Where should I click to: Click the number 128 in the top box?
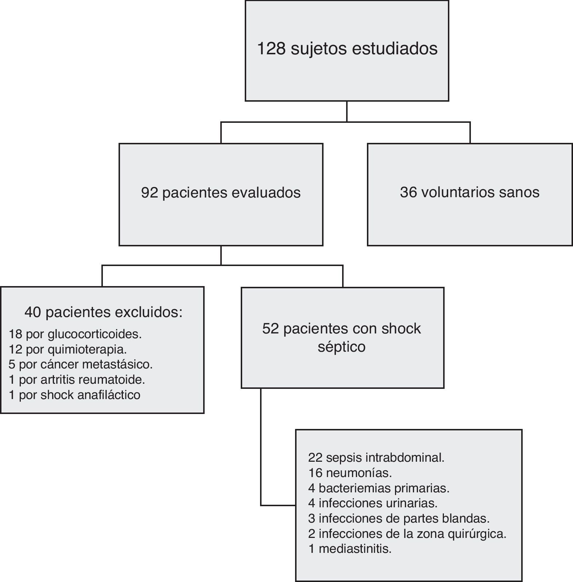point(271,49)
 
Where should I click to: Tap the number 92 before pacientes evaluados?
point(150,193)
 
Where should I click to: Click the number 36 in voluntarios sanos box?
point(408,192)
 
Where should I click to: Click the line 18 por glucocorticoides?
point(75,334)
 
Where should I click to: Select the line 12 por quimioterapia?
point(68,349)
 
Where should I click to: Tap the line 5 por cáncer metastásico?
point(81,364)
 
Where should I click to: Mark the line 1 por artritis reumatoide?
point(77,380)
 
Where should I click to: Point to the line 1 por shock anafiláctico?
point(74,395)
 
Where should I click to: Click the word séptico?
point(341,347)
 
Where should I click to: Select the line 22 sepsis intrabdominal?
point(376,457)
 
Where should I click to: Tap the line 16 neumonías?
point(350,473)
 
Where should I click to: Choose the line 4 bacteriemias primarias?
point(379,488)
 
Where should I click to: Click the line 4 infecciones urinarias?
point(372,503)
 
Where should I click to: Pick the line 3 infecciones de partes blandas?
point(399,518)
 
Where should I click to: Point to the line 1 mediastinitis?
point(350,549)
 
